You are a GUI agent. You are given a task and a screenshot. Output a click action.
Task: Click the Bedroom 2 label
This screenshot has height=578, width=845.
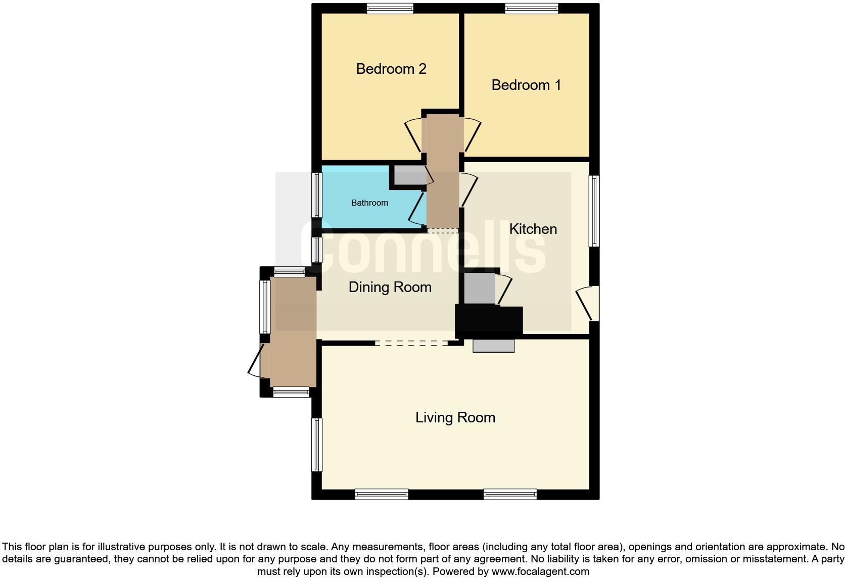(x=391, y=69)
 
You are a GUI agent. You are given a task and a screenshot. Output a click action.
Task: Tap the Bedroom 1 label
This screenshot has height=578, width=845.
(x=526, y=85)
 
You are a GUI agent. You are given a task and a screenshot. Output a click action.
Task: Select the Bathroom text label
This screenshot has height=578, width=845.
(x=369, y=203)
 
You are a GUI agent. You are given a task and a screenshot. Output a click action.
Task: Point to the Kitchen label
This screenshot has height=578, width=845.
(x=533, y=229)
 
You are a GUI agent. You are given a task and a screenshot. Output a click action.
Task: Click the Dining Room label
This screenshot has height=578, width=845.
(x=390, y=287)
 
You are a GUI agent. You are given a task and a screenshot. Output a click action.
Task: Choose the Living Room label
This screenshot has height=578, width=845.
(x=455, y=417)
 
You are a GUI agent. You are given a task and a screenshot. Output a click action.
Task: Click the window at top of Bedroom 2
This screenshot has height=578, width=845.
(x=390, y=9)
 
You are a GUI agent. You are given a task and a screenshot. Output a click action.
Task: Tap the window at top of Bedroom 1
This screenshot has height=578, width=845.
(x=531, y=9)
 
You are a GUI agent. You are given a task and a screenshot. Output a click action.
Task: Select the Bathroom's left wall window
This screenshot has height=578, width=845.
(x=317, y=195)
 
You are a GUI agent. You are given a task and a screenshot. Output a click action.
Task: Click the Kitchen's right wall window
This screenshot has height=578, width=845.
(x=594, y=211)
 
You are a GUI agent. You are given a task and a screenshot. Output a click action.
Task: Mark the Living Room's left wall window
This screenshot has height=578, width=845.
(x=317, y=444)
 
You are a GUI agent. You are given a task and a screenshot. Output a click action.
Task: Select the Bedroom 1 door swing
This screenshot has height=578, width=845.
(x=472, y=134)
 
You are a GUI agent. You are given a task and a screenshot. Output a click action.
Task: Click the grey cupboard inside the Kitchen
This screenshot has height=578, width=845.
(x=480, y=288)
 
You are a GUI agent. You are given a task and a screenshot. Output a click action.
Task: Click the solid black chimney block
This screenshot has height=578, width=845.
(x=489, y=322)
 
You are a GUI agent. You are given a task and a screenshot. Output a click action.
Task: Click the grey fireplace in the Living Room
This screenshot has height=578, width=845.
(x=493, y=346)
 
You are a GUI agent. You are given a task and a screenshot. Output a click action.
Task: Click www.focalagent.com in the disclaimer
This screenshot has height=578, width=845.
(x=540, y=571)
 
